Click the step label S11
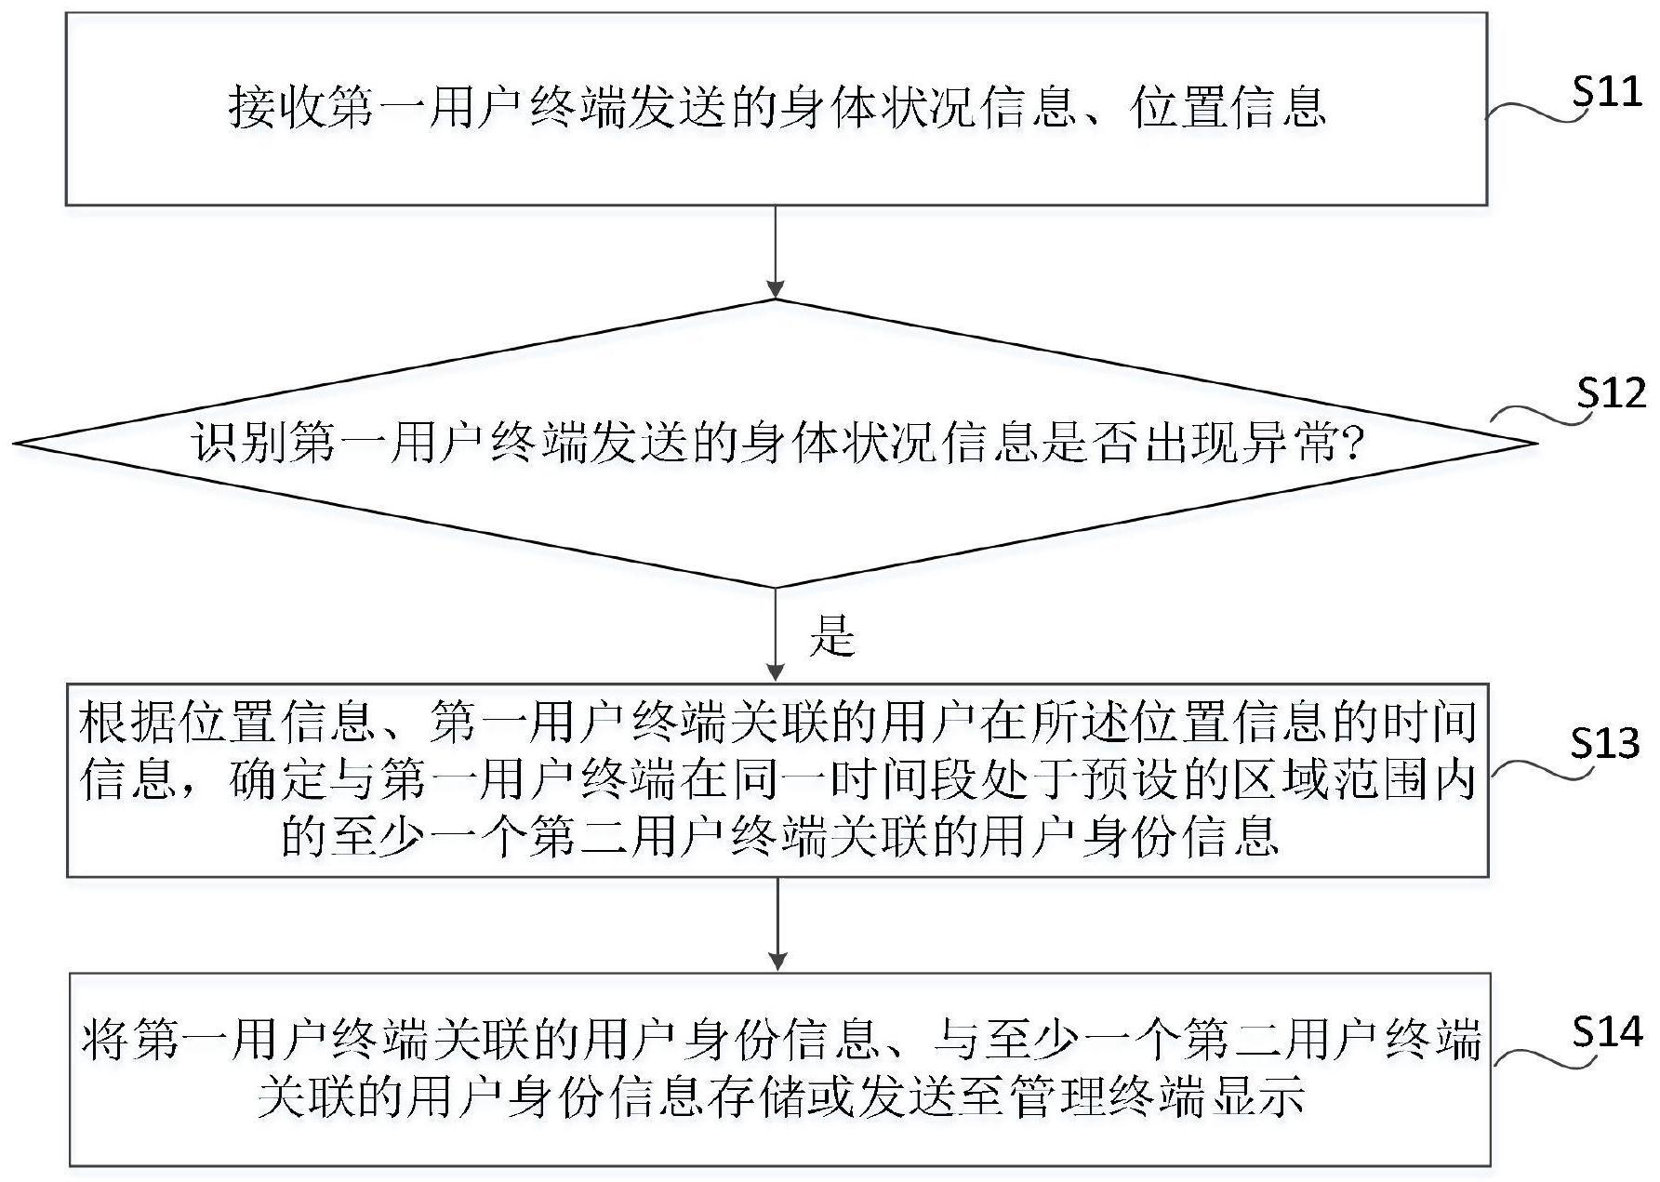(1607, 93)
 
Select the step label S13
(1606, 742)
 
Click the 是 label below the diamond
(831, 636)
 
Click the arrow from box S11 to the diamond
(776, 252)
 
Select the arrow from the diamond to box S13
(776, 635)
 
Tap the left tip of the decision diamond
(16, 444)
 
